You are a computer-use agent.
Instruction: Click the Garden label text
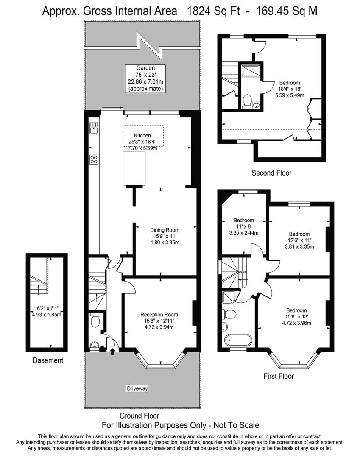(x=145, y=68)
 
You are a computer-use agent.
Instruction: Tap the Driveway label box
(x=138, y=388)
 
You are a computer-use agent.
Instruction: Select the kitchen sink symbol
(x=94, y=127)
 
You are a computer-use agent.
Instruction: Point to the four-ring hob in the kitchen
(x=94, y=159)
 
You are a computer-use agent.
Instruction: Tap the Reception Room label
(x=159, y=315)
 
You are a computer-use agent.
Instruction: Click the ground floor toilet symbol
(x=95, y=322)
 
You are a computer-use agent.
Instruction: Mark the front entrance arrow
(x=112, y=351)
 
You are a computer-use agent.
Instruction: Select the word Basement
(x=48, y=360)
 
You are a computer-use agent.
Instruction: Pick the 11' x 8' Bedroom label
(x=244, y=221)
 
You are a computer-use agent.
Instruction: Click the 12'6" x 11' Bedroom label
(x=299, y=234)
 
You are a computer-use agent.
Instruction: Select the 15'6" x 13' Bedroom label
(x=296, y=310)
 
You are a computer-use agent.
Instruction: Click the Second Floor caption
(x=271, y=173)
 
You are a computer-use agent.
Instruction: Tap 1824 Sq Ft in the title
(x=216, y=11)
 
